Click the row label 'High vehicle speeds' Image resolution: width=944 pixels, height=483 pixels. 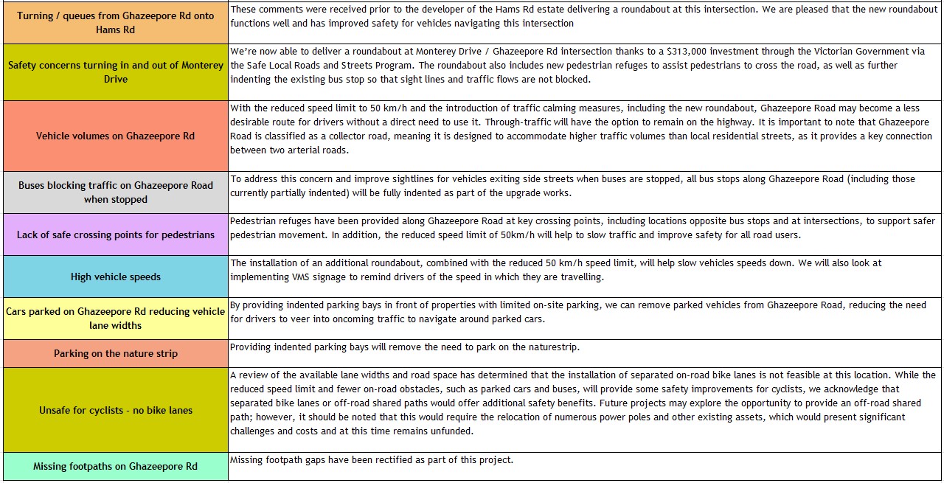point(116,277)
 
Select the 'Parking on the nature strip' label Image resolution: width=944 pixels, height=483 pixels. point(116,353)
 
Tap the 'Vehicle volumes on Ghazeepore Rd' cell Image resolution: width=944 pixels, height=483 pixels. point(116,136)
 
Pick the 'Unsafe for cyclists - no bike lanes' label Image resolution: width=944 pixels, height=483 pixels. point(116,410)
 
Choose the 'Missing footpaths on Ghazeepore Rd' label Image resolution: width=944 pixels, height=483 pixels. point(116,466)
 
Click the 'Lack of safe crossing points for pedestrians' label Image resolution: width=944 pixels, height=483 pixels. point(116,234)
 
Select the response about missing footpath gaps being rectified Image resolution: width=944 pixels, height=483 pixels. point(372,460)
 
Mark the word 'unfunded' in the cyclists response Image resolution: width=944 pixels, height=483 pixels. point(453,431)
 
